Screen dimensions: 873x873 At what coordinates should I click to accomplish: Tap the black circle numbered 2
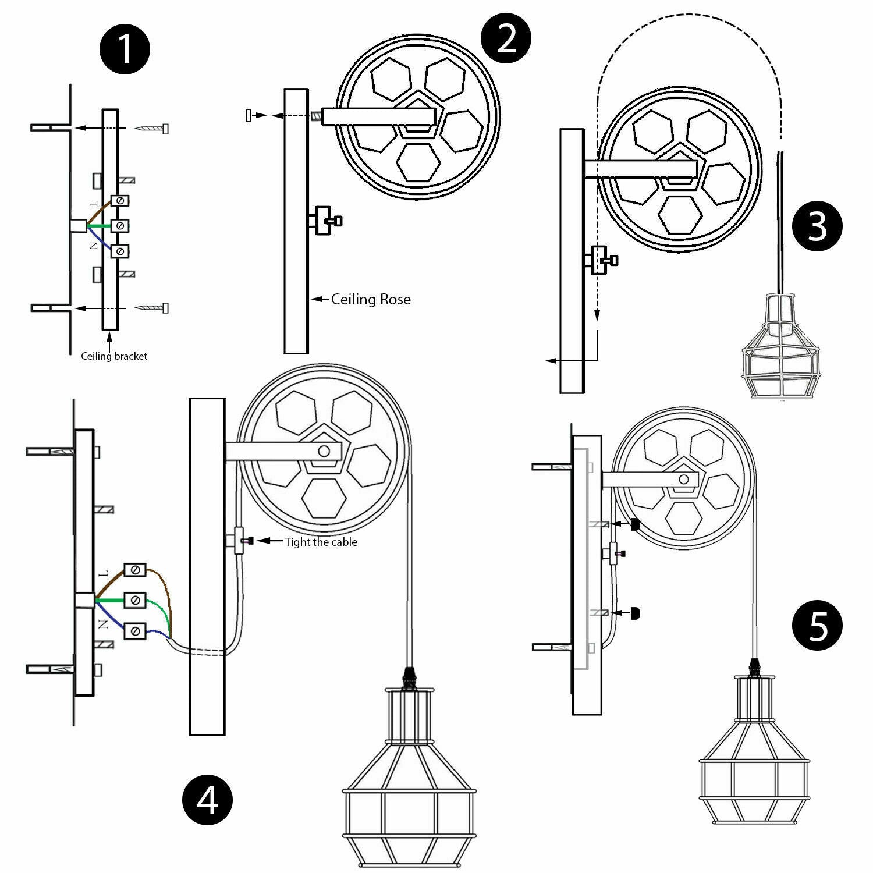pyautogui.click(x=506, y=38)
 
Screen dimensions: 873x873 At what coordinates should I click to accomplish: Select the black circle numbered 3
pyautogui.click(x=818, y=225)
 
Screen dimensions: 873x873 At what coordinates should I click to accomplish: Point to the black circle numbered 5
pyautogui.click(x=818, y=626)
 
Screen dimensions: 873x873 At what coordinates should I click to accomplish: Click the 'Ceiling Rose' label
pyautogui.click(x=371, y=300)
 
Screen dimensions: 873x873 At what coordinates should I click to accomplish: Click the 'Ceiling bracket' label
pyautogui.click(x=114, y=356)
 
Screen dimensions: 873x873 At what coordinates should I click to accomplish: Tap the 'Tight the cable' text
pyautogui.click(x=321, y=542)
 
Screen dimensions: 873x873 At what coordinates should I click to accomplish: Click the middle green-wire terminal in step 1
pyautogui.click(x=119, y=225)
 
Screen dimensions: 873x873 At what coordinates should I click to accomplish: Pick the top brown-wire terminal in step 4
pyautogui.click(x=135, y=570)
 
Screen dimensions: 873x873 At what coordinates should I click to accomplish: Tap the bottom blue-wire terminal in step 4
pyautogui.click(x=135, y=630)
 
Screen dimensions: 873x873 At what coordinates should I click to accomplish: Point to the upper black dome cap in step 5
pyautogui.click(x=635, y=524)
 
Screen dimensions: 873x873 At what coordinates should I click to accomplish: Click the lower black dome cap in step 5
pyautogui.click(x=635, y=613)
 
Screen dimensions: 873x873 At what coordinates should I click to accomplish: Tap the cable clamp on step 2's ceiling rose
pyautogui.click(x=324, y=221)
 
